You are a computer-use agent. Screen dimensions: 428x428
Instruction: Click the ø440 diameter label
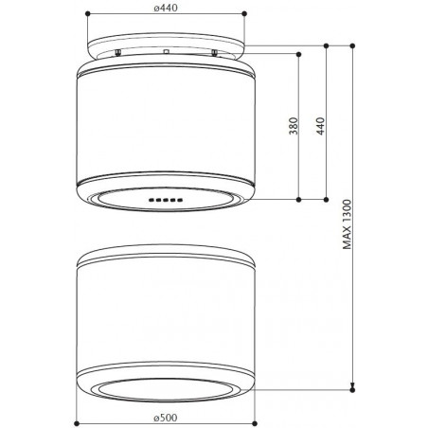point(166,8)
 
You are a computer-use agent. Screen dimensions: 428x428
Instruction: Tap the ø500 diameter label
point(166,418)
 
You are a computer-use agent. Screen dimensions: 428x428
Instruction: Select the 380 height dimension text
point(294,126)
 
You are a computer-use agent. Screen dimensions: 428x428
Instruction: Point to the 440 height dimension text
point(320,126)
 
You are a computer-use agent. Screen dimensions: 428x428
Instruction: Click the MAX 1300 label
point(347,224)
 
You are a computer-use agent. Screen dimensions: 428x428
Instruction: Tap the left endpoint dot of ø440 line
point(88,13)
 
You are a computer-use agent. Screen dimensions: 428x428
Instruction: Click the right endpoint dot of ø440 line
point(244,13)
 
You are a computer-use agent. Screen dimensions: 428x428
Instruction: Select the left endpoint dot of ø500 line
point(77,423)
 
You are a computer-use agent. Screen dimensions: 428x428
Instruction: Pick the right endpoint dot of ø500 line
point(255,423)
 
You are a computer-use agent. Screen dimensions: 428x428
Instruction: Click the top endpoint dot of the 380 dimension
point(299,54)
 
